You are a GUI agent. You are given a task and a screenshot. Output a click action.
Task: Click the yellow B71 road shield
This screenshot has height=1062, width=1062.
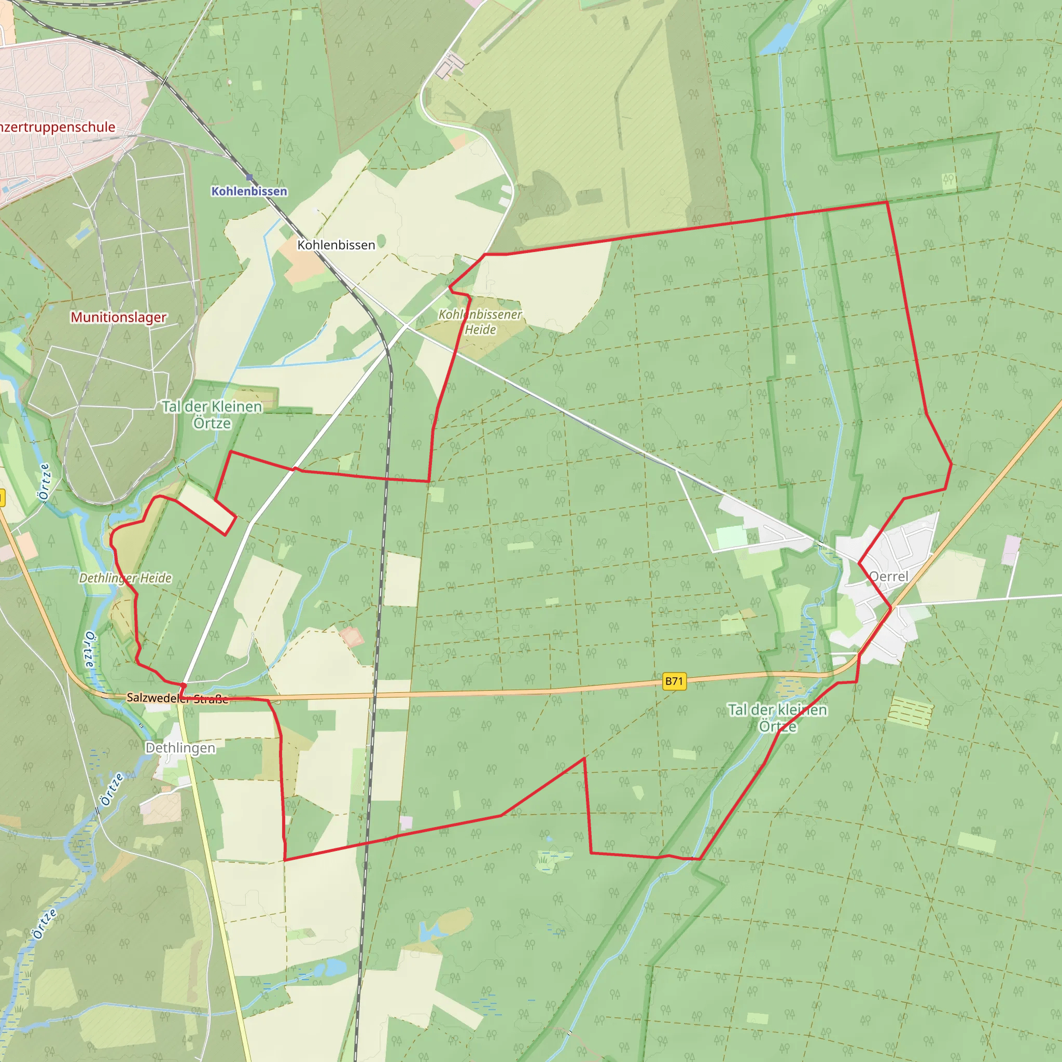[x=674, y=681]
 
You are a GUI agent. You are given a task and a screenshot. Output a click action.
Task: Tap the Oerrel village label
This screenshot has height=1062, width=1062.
[x=889, y=577]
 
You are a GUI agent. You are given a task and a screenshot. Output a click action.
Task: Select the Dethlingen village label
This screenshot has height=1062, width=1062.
[x=180, y=748]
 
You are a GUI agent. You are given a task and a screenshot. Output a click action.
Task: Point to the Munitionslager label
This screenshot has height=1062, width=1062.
[x=118, y=317]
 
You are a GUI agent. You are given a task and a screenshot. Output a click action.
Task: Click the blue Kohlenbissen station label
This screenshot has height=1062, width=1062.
[x=249, y=191]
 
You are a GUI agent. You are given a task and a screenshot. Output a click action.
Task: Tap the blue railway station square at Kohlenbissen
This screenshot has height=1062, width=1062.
[x=249, y=177]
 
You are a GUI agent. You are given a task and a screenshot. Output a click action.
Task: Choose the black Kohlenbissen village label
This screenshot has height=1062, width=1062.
[x=336, y=245]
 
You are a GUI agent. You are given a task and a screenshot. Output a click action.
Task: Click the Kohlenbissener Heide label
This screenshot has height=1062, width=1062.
[x=480, y=322]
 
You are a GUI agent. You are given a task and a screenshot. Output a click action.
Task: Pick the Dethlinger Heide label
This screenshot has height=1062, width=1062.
[x=125, y=578]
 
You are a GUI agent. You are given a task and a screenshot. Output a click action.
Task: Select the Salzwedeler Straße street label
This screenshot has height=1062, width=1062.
[x=177, y=698]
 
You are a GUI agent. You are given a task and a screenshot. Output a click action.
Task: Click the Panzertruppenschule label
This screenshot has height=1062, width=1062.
[x=57, y=127]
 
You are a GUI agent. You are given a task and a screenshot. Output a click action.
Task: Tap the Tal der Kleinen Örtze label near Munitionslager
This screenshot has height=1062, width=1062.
[x=212, y=414]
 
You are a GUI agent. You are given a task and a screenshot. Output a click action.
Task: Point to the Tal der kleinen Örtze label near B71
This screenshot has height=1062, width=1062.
[x=777, y=718]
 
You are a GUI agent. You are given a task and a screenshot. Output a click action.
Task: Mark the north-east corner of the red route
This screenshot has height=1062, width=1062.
[x=887, y=202]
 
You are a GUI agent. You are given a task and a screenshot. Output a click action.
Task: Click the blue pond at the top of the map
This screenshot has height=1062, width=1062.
[x=776, y=38]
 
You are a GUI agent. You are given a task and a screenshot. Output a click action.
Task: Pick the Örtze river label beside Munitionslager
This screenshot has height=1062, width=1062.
[x=45, y=482]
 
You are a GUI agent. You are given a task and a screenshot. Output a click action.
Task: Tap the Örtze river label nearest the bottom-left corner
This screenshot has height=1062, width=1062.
[x=44, y=924]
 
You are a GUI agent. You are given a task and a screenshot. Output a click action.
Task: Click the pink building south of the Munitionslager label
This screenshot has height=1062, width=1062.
[x=25, y=544]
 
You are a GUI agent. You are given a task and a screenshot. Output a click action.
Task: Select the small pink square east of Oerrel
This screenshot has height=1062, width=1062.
[x=1011, y=550]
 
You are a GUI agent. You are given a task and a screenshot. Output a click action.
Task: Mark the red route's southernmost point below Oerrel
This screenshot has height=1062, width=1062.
[x=699, y=859]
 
